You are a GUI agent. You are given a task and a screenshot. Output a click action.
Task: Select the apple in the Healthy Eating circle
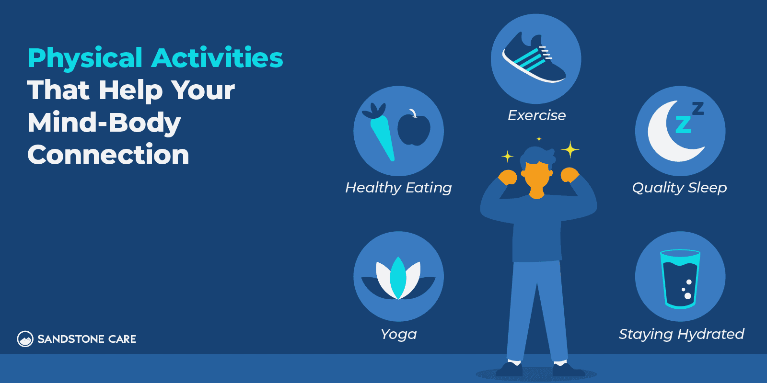(x=414, y=128)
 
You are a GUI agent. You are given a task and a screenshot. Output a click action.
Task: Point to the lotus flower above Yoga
(x=398, y=278)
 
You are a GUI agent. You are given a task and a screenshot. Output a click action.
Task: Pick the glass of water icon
(x=680, y=278)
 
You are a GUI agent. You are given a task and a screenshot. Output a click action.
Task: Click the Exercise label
(x=536, y=115)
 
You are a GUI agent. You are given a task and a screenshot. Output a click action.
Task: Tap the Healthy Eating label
(x=398, y=188)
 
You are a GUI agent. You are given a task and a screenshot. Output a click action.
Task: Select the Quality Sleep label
(x=679, y=188)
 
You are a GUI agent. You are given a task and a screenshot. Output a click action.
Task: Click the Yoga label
(x=398, y=334)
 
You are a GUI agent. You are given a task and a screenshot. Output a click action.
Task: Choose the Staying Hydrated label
(x=681, y=334)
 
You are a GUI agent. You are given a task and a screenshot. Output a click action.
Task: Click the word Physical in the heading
(x=85, y=58)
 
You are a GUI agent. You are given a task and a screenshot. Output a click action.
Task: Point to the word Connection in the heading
(x=108, y=155)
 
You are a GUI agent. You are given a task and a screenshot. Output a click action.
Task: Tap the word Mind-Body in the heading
(x=104, y=123)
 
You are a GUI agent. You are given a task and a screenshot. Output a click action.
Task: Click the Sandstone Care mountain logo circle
(x=25, y=339)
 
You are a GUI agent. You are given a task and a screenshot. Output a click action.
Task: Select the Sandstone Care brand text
(x=87, y=339)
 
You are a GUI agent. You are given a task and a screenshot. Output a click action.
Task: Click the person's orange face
(x=537, y=176)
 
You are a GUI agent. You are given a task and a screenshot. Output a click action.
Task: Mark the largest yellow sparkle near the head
(x=570, y=150)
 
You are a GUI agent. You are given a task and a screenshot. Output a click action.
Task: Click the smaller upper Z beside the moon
(x=698, y=108)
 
